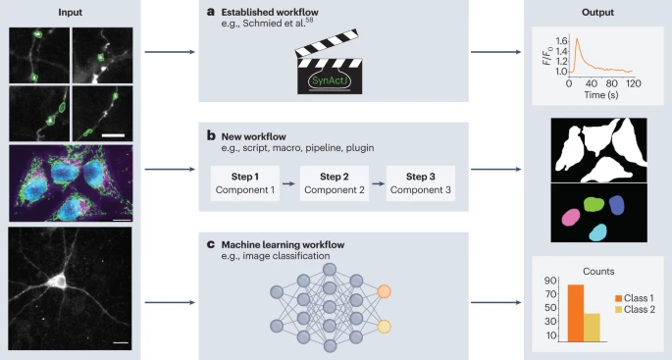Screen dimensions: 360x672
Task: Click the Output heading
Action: click(x=596, y=12)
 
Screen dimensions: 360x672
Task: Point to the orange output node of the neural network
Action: click(x=385, y=291)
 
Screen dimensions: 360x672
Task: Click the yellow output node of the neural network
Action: click(x=385, y=326)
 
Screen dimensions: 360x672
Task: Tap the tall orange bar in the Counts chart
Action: click(x=576, y=313)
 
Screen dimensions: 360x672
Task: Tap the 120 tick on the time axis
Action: click(x=633, y=85)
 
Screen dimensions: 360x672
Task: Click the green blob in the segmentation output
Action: click(x=593, y=205)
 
